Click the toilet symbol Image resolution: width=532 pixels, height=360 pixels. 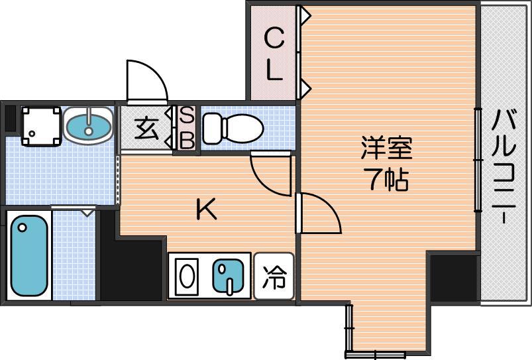(x=233, y=129)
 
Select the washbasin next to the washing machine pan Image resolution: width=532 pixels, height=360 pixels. (x=89, y=126)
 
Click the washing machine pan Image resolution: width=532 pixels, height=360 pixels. (x=41, y=127)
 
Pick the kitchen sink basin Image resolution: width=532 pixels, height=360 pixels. (x=228, y=275)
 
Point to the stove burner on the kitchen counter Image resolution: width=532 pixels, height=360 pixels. (x=186, y=276)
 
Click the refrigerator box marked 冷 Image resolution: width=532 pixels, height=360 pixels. (x=274, y=276)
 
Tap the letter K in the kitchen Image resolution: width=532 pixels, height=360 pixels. (x=206, y=210)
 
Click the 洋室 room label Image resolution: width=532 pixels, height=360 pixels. (x=386, y=148)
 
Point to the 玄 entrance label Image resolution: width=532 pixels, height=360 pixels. (x=146, y=129)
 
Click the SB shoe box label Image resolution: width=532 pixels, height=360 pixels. (x=187, y=128)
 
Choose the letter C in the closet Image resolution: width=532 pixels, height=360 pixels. (x=274, y=38)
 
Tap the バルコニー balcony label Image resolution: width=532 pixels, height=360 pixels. (x=504, y=167)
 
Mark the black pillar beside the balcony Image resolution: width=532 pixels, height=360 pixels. (x=454, y=278)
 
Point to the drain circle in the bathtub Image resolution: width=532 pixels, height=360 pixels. (x=23, y=227)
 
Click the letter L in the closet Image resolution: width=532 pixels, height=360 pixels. (x=274, y=71)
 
